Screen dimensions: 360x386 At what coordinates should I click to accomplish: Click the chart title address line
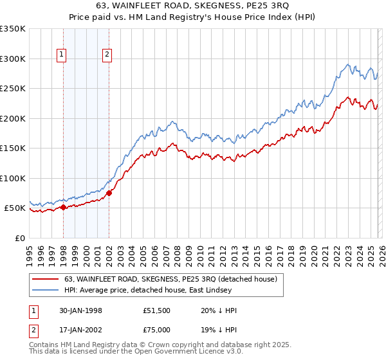(192, 7)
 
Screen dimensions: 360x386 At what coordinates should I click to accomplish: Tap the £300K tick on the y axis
(13, 59)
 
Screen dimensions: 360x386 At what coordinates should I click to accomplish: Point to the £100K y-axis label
(13, 178)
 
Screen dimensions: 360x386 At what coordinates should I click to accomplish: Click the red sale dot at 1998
(64, 208)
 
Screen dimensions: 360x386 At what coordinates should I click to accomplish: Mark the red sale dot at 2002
(109, 193)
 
